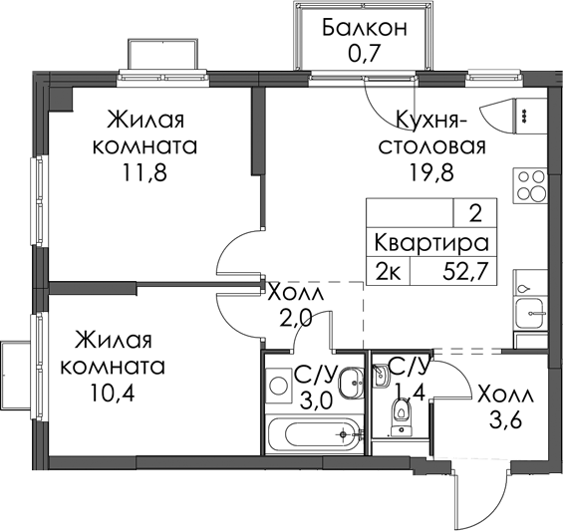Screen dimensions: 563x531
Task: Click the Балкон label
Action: (365, 28)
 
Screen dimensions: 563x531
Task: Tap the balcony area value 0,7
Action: (364, 54)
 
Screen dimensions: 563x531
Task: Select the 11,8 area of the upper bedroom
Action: (144, 173)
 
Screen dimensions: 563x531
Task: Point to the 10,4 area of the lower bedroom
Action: (113, 394)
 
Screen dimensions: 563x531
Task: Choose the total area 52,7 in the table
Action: (466, 273)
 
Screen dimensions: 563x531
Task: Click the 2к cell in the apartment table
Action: (388, 273)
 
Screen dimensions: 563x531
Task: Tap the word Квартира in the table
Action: (431, 244)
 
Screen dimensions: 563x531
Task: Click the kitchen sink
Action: (530, 313)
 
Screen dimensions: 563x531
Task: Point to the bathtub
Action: (315, 434)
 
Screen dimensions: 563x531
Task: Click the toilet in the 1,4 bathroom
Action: (401, 416)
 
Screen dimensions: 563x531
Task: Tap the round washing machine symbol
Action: (279, 386)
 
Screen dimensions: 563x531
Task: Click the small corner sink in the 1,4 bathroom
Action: (382, 376)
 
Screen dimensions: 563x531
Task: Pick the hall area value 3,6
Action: (505, 420)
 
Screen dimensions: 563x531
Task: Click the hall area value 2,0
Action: (294, 319)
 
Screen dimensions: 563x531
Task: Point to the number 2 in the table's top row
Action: (475, 215)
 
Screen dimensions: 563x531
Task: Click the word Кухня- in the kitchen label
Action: (430, 121)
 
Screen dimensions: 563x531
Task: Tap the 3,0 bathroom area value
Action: (315, 401)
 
